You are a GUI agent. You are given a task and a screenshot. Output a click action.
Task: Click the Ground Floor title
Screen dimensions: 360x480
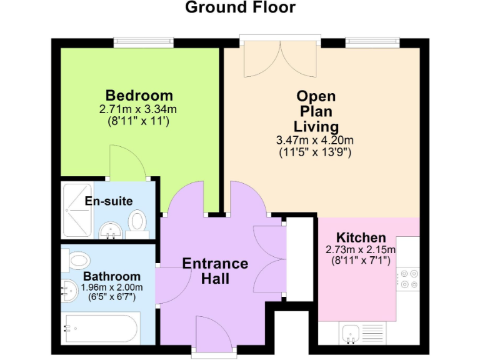click(x=240, y=8)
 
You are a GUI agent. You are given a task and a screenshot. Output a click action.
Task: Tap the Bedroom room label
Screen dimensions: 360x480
click(x=139, y=96)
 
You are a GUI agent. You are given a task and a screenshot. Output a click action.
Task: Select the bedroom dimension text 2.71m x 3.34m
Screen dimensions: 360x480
click(x=138, y=109)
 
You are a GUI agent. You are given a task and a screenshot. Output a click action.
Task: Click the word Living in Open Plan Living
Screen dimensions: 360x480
click(x=316, y=127)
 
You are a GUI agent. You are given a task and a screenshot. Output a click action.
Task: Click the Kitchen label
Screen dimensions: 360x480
click(x=361, y=237)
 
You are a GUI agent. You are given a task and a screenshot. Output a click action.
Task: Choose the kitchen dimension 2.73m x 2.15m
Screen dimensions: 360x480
click(x=361, y=249)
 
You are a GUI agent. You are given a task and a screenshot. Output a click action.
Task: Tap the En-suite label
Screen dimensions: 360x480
click(x=109, y=201)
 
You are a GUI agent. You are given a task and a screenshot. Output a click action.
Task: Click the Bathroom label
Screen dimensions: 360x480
click(x=112, y=276)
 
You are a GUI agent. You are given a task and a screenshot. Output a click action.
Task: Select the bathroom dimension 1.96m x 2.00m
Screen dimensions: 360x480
click(x=112, y=287)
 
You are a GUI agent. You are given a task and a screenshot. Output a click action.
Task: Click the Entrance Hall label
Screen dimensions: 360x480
click(x=215, y=271)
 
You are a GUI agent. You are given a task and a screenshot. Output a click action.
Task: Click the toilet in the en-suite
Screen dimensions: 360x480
click(x=137, y=221)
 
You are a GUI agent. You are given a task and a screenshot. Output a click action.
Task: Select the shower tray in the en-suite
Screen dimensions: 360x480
click(x=77, y=210)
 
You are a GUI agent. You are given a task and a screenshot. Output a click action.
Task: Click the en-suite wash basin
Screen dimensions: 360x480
click(x=111, y=230)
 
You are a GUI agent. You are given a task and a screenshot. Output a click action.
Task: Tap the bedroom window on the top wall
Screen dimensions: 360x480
click(x=143, y=42)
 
